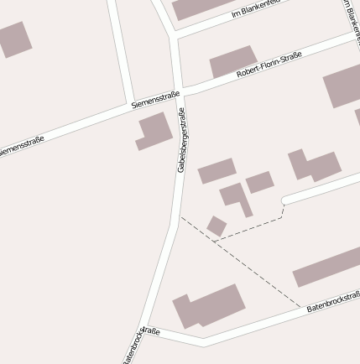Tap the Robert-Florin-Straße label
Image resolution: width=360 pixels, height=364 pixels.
tap(269, 65)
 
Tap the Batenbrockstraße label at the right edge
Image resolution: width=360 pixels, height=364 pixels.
tap(333, 303)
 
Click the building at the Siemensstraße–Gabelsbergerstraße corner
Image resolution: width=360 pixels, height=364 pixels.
tap(154, 132)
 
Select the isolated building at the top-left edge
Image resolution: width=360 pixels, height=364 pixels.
tap(13, 39)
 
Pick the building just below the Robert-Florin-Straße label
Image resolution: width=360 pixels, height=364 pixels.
tap(233, 62)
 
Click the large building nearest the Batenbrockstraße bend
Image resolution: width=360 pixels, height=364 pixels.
tap(208, 306)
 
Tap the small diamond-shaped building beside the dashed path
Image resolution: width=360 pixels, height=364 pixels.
tap(217, 226)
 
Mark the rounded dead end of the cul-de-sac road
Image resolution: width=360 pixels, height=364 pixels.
tap(284, 201)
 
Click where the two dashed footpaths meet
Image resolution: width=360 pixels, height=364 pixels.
tap(214, 242)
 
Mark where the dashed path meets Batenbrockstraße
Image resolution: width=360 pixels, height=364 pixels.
tap(300, 306)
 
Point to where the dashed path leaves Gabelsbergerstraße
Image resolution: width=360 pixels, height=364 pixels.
tap(180, 218)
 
